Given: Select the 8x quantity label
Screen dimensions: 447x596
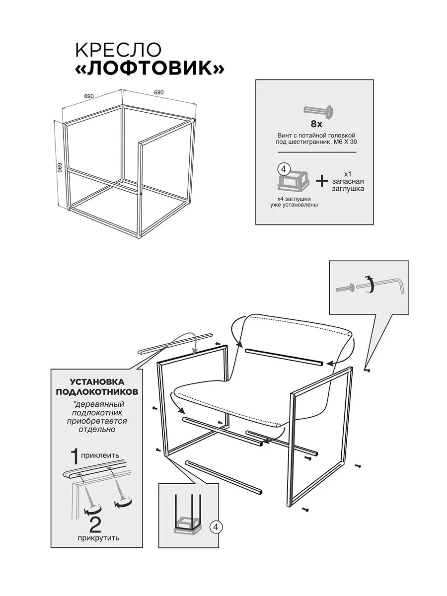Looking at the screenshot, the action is [316, 124].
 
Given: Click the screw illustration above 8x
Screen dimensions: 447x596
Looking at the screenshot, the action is [318, 112].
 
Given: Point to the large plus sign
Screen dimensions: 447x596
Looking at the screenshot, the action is [322, 181].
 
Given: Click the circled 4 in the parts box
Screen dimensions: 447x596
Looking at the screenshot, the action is [284, 169].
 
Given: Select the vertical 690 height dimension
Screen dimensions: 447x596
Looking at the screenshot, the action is [60, 167].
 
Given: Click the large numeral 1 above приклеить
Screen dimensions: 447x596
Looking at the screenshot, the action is [74, 457].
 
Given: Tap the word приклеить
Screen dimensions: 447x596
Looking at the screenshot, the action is [100, 455].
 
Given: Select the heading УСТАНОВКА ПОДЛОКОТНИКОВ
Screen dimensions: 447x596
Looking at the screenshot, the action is [97, 386].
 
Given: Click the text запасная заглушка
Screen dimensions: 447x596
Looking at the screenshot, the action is [348, 185].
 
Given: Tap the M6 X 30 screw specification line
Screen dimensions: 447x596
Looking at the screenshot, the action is [316, 142].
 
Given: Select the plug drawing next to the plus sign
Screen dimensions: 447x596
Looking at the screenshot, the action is [293, 180].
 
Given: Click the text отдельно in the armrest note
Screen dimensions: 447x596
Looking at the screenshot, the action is [97, 429].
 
